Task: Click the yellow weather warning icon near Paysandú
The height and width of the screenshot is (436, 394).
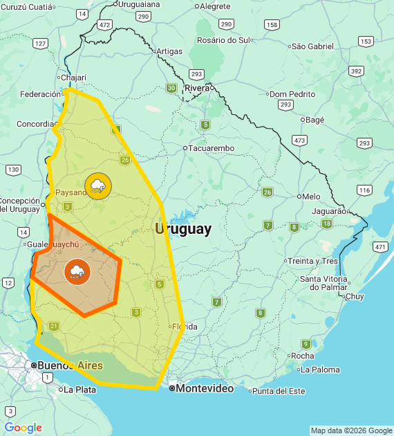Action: (x=98, y=185)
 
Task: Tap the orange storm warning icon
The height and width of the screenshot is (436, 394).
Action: (x=77, y=271)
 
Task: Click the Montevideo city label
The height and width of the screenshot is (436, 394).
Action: (x=204, y=389)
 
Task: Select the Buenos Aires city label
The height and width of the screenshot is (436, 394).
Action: (x=70, y=365)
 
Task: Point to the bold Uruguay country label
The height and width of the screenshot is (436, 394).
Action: (x=183, y=230)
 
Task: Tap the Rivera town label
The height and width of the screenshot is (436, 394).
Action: (x=196, y=88)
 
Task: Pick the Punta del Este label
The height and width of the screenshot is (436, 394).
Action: (x=279, y=391)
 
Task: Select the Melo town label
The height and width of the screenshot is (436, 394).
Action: (x=311, y=197)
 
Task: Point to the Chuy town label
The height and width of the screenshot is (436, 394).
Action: (x=354, y=296)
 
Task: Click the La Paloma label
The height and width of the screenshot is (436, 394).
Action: (x=321, y=370)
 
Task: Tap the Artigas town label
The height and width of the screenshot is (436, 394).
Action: (x=169, y=51)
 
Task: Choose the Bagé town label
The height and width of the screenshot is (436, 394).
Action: (x=315, y=120)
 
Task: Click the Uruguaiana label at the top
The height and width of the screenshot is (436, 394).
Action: (x=139, y=4)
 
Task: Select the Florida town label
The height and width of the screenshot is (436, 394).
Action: (x=185, y=327)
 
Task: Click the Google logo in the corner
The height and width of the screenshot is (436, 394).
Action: (x=23, y=428)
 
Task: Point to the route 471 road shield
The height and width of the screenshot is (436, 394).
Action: (x=379, y=246)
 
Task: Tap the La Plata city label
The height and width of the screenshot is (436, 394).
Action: (x=79, y=390)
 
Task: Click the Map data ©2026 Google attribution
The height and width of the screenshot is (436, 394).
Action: (x=351, y=430)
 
